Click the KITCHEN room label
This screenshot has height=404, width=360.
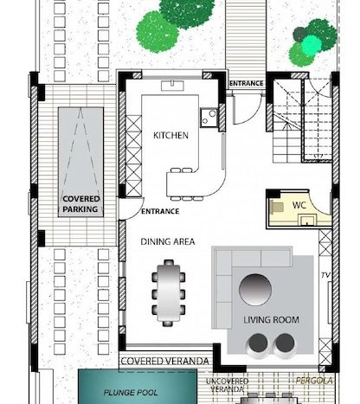tap(170, 135)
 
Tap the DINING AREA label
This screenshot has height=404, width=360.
tap(168, 241)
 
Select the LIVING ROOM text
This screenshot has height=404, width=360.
tap(271, 320)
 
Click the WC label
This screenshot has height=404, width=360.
tap(299, 205)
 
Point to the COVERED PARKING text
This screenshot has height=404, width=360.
tap(81, 204)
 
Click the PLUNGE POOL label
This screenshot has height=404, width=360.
tap(131, 393)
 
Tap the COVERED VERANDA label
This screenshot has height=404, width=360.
tap(164, 361)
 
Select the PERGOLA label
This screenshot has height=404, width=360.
tap(314, 381)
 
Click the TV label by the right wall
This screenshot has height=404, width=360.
tap(325, 275)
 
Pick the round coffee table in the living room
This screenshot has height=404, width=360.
tap(255, 290)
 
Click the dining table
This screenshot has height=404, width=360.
tap(169, 292)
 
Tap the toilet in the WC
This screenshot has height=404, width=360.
tap(276, 207)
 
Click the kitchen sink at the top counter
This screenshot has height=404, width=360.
tap(172, 86)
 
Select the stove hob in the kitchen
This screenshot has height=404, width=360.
tap(209, 118)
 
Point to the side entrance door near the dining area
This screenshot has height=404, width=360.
tap(133, 210)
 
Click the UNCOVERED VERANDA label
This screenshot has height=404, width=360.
tap(227, 385)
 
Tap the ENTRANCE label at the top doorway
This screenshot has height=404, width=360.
tap(247, 83)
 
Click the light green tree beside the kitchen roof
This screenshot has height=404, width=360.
tap(157, 32)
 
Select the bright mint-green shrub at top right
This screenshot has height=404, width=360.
tap(312, 45)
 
